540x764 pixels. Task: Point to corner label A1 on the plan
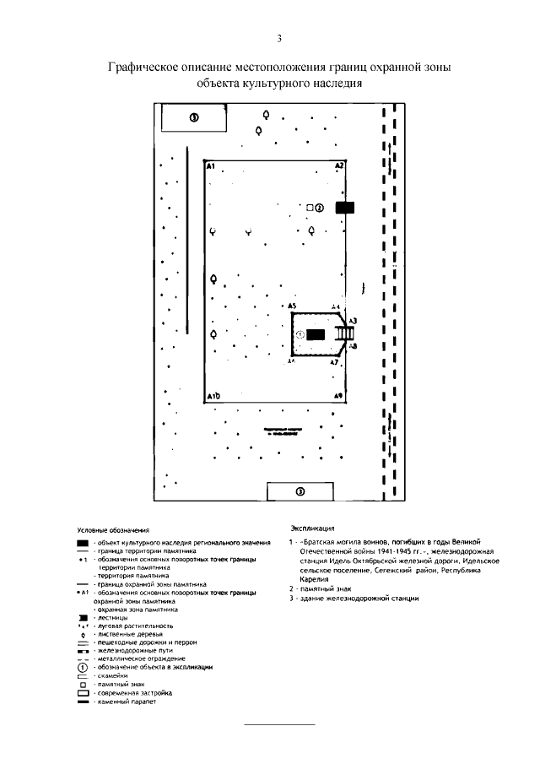[212, 166]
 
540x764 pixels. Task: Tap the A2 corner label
[338, 166]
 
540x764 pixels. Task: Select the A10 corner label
[213, 395]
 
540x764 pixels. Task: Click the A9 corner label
[337, 395]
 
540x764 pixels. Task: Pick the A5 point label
[291, 306]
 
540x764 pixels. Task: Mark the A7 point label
[334, 362]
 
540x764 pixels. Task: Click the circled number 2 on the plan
[320, 208]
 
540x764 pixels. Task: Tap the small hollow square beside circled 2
[310, 208]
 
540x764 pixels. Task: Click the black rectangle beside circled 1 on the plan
[315, 335]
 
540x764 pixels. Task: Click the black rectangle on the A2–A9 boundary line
[345, 208]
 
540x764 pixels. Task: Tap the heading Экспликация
[308, 523]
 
